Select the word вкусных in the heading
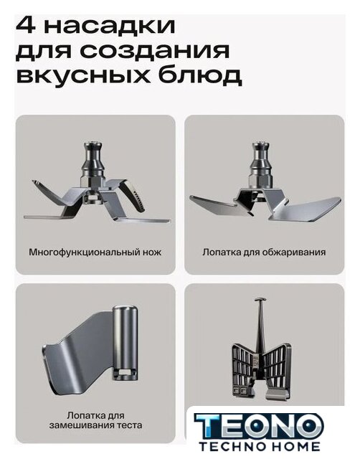click(83, 76)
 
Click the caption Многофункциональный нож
click(95, 252)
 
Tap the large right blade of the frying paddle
click(308, 209)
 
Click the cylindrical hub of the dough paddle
click(125, 342)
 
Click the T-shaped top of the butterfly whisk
click(260, 300)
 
